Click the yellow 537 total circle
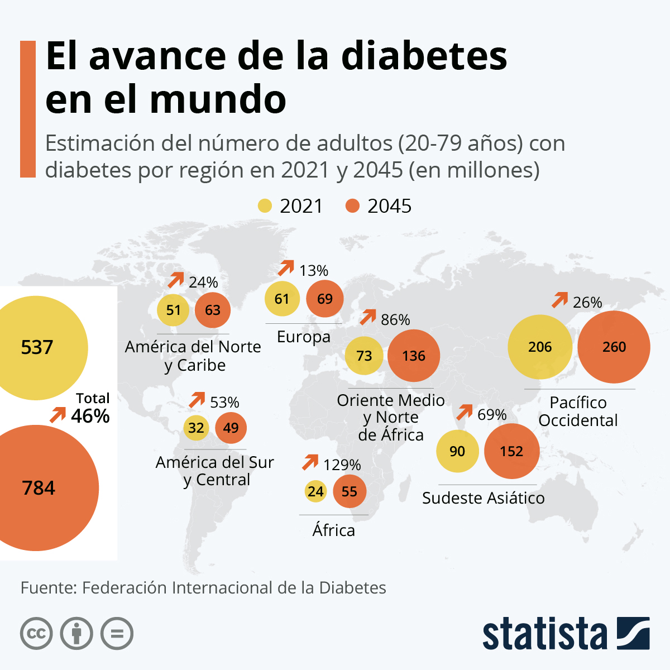coord(37,347)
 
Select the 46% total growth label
coord(90,416)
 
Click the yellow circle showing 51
coord(174,310)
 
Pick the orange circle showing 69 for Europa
coord(325,299)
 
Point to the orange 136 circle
coord(414,356)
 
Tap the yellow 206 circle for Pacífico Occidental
coord(540,347)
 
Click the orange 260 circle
coord(614,347)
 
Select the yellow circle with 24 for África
coord(315,491)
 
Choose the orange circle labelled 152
coord(511,451)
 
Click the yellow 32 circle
coord(196,428)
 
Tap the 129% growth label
coord(342,465)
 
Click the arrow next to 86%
coord(368,317)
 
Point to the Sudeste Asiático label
coord(483,498)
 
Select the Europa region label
coord(304,337)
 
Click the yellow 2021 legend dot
coord(265,206)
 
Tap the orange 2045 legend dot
coord(352,206)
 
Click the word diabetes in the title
coord(424,56)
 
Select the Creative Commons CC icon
coord(36,634)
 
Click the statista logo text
coord(545,634)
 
